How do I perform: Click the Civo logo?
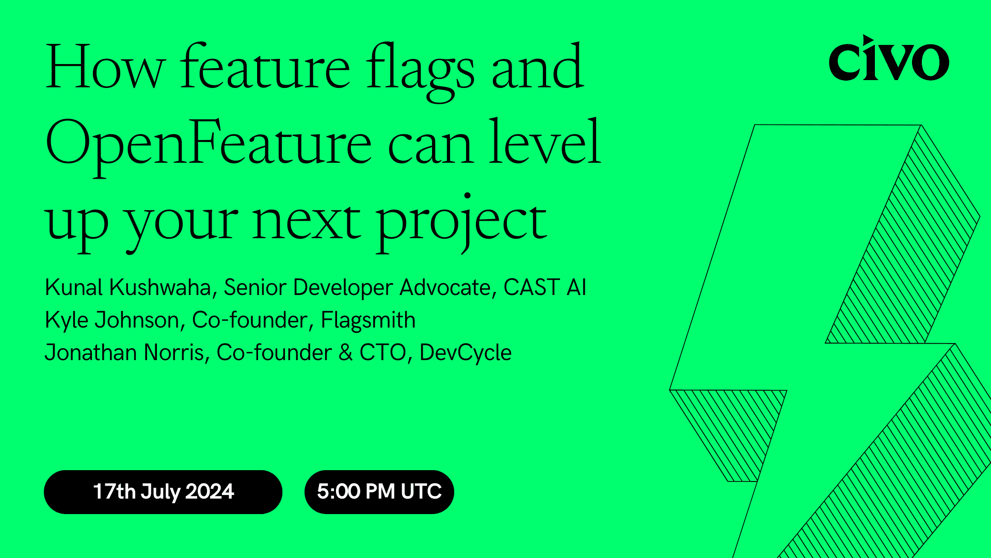coord(888,59)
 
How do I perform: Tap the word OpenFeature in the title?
coord(208,143)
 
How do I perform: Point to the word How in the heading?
coord(105,68)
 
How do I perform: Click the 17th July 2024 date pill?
coord(163,492)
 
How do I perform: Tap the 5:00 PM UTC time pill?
coord(379,492)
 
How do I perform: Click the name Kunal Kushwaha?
coord(128,288)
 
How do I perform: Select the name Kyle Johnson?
coord(111,320)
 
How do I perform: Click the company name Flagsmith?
coord(368,320)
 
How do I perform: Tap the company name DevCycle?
coord(465,353)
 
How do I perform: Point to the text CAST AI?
coord(545,288)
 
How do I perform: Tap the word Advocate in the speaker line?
coord(444,288)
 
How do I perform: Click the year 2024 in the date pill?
coord(210,492)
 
